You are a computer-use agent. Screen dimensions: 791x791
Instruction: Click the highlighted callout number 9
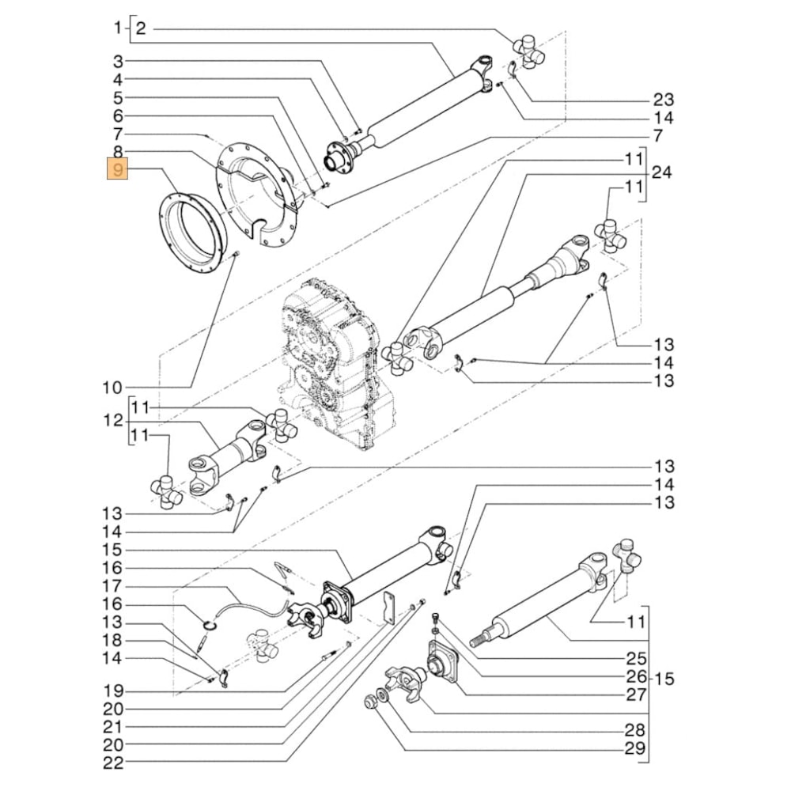(117, 170)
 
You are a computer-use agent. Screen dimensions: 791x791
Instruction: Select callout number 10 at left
(113, 388)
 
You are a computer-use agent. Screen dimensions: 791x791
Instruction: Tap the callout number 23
(663, 100)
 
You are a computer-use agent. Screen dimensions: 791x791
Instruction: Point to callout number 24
(662, 172)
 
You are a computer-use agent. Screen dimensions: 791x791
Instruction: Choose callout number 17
(113, 587)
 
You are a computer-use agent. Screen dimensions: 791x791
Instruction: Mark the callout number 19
(113, 691)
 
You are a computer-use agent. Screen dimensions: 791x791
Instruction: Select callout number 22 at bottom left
(113, 763)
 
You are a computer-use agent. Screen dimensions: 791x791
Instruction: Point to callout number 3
(117, 62)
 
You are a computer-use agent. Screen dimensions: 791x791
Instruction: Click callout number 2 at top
(141, 29)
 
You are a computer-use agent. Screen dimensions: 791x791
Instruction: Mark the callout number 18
(113, 640)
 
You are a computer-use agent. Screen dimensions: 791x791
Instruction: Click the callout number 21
(113, 727)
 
